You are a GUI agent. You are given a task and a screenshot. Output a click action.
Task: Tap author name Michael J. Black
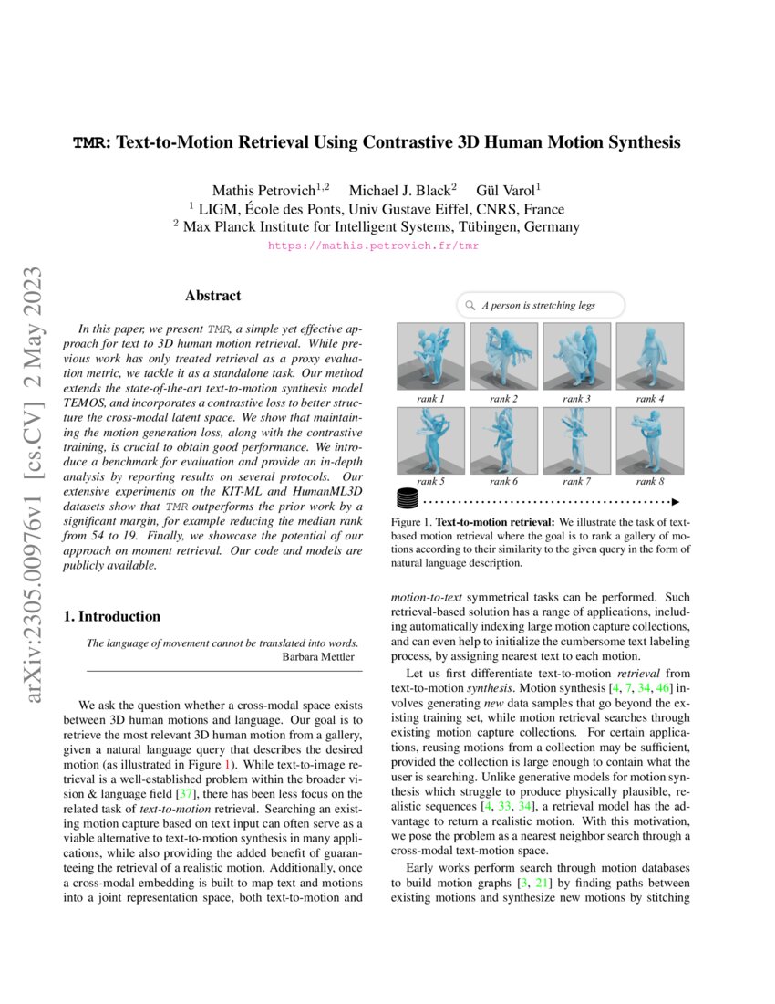click(x=398, y=190)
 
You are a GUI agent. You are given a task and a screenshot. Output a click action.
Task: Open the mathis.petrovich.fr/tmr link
click(x=374, y=246)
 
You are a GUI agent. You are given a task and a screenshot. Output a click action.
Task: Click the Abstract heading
click(x=212, y=296)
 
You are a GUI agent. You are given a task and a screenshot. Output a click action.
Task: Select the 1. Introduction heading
click(x=112, y=616)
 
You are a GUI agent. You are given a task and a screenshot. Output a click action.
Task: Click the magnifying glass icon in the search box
click(x=470, y=305)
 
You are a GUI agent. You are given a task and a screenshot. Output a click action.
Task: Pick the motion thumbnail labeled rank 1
click(x=430, y=356)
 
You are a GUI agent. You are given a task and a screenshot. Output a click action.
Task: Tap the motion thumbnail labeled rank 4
click(x=650, y=356)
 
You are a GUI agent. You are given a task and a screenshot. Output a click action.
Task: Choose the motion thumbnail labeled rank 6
click(x=503, y=439)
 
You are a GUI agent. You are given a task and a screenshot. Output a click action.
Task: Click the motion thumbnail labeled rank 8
click(x=650, y=439)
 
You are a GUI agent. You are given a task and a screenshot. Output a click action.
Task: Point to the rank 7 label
click(x=576, y=481)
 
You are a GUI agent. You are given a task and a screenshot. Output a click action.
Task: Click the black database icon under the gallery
click(x=407, y=499)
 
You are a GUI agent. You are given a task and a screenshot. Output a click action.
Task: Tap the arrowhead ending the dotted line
click(x=677, y=500)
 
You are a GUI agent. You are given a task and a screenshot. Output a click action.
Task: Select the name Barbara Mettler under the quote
click(x=320, y=656)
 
